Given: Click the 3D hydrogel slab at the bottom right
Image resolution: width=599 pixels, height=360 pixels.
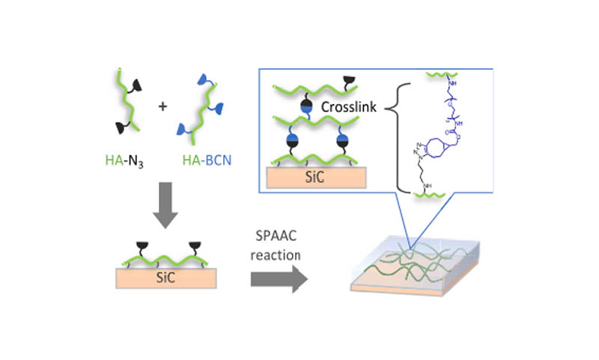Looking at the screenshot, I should (412, 269).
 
